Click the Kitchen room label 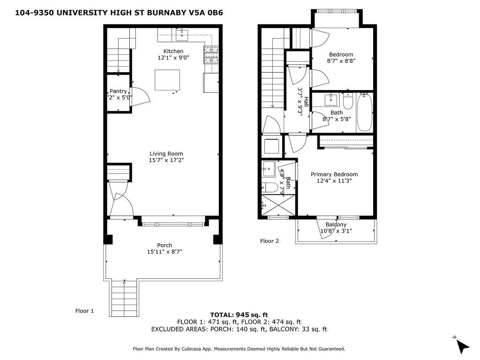[173, 51]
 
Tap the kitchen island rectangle [167, 80]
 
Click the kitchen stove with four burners [211, 55]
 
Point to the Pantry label [118, 91]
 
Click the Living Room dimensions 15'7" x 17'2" [166, 160]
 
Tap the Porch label [165, 245]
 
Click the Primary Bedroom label [334, 174]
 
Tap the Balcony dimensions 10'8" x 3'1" [336, 231]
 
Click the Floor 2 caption [270, 241]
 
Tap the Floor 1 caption [85, 310]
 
